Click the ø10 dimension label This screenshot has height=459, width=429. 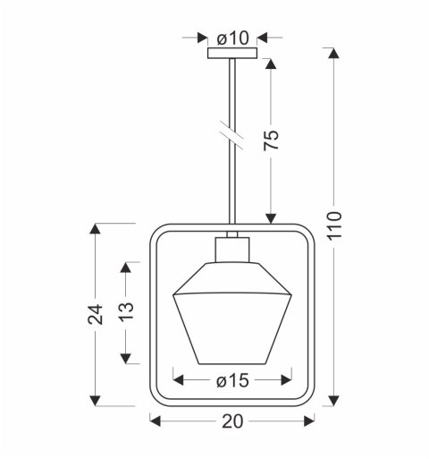232,38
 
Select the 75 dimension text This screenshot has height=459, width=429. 271,140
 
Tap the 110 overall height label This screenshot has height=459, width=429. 333,225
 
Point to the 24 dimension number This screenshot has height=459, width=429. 95,314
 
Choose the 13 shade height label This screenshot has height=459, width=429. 126,311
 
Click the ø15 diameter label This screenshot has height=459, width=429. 232,380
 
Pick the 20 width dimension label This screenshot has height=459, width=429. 232,421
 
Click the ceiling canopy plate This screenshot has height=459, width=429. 232,53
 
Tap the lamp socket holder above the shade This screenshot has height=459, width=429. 232,250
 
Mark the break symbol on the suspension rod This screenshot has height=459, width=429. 232,135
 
